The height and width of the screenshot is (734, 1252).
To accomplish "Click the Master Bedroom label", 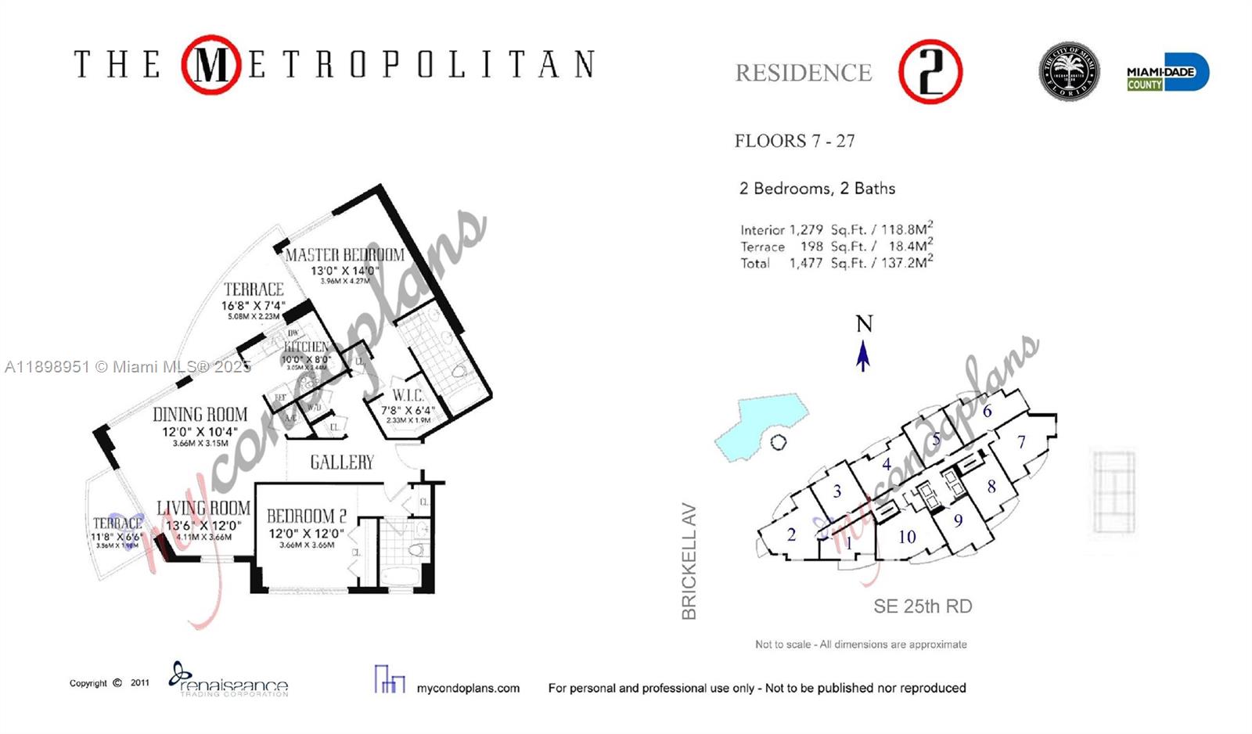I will [x=344, y=255].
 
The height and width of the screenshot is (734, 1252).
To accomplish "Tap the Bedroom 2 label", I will [x=306, y=516].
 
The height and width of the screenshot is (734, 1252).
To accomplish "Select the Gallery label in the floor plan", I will [x=342, y=462].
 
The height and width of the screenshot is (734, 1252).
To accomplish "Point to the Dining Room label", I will [x=200, y=415].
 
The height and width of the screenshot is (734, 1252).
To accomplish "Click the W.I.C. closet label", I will [x=408, y=396].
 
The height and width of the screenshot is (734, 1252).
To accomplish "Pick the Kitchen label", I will [x=306, y=347].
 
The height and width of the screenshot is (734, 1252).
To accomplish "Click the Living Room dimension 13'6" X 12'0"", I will [x=203, y=526].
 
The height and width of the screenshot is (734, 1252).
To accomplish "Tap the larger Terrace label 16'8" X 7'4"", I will [x=254, y=305].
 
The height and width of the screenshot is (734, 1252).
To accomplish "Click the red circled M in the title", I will [x=210, y=65].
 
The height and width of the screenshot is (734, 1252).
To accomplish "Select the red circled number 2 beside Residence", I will [x=930, y=72].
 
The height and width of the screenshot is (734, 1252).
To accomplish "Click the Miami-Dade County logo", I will [x=1167, y=72].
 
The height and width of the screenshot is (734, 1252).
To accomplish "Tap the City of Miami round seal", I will [x=1069, y=72].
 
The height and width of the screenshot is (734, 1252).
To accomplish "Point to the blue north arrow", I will [x=863, y=354].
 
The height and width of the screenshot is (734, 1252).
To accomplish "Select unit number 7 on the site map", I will [x=1021, y=442].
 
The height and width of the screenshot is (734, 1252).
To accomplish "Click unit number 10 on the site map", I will [x=907, y=537].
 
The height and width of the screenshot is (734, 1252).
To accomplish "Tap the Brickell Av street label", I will [x=689, y=561].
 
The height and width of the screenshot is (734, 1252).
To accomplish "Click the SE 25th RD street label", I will [x=923, y=606].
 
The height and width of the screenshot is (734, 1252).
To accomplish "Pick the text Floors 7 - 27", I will [x=794, y=141].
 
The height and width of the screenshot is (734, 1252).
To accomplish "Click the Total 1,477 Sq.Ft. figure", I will [x=836, y=263].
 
